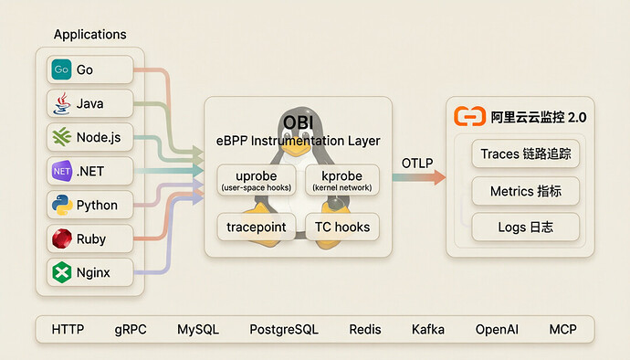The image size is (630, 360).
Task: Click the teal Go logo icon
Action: click(61, 69)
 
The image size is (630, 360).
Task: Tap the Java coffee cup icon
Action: click(61, 103)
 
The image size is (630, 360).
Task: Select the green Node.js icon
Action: click(61, 137)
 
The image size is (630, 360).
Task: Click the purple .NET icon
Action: click(62, 171)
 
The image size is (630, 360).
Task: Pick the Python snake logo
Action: click(62, 205)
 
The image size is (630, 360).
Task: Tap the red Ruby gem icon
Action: click(62, 238)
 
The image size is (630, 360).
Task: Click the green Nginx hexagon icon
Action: click(62, 272)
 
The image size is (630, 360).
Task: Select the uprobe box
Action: click(257, 180)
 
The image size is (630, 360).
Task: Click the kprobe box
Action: click(342, 180)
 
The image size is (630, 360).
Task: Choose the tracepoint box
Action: click(257, 227)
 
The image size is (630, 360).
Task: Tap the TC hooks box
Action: click(342, 227)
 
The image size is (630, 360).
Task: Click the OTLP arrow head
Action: click(439, 177)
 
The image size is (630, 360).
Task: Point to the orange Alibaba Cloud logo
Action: click(469, 117)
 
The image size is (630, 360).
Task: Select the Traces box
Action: click(526, 154)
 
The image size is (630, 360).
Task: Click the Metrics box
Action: click(526, 191)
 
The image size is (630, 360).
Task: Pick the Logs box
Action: click(526, 228)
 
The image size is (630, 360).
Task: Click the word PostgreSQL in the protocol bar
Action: click(284, 330)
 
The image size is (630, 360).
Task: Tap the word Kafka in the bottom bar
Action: click(428, 330)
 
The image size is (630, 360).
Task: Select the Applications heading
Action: click(90, 35)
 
